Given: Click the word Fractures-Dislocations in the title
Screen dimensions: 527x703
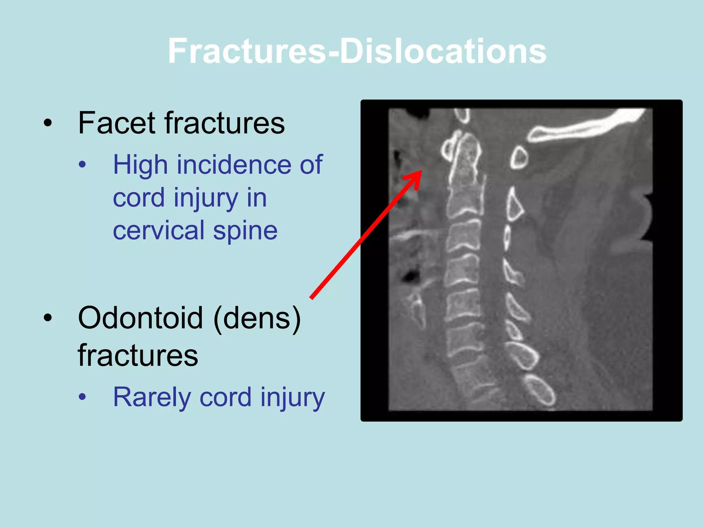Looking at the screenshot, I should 357,51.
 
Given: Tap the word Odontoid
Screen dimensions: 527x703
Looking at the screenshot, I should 140,318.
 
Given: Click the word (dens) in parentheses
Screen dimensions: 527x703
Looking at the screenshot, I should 257,318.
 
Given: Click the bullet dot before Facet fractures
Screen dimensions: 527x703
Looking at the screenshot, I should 48,123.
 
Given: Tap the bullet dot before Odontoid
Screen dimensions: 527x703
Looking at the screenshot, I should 48,318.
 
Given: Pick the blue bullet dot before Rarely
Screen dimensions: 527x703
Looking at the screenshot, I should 82,397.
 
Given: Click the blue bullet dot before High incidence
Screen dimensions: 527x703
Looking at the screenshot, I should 82,165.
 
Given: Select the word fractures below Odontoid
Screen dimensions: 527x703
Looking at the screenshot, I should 138,355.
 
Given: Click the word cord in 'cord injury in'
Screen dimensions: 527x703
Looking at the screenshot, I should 139,198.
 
